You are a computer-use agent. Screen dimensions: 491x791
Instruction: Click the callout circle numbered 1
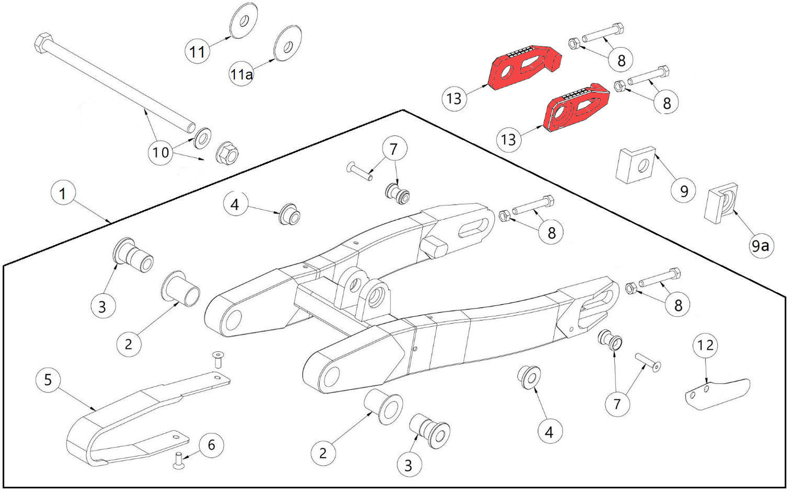63,194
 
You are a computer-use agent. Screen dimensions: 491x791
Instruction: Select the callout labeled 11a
241,74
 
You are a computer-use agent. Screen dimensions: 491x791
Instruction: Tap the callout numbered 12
706,345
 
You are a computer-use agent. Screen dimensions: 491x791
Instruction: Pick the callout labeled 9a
759,246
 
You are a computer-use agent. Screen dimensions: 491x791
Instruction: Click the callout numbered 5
48,379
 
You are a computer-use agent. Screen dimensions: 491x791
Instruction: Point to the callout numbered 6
211,446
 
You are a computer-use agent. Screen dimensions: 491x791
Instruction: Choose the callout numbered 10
160,152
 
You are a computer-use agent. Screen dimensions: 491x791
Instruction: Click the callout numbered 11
197,51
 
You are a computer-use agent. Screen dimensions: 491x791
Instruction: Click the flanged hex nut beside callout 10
227,153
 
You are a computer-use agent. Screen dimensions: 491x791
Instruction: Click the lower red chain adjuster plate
575,108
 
